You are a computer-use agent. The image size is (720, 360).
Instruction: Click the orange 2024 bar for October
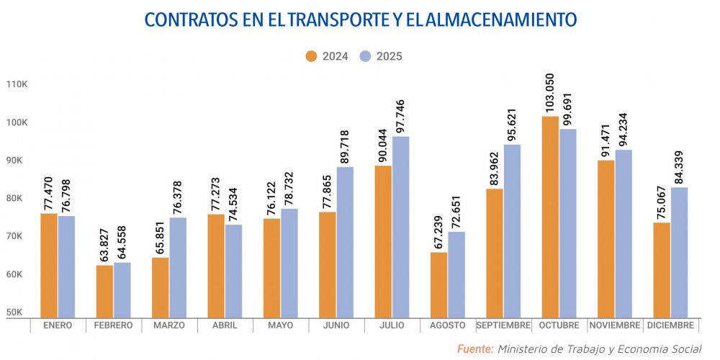(x=550, y=216)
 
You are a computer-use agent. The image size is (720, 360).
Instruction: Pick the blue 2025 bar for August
(x=456, y=274)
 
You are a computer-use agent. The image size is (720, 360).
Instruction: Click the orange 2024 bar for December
(x=662, y=270)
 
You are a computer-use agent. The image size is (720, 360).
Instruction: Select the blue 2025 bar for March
(x=178, y=267)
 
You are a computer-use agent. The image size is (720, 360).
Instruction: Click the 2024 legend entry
(x=327, y=56)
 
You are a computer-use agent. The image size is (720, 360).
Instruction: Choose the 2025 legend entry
(x=381, y=56)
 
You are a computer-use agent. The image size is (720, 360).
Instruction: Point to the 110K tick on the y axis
(x=16, y=84)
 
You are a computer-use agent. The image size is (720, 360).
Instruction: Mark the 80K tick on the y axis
(x=16, y=198)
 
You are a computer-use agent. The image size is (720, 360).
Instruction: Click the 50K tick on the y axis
(x=16, y=312)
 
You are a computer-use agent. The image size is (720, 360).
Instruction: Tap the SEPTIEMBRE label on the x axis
(x=503, y=325)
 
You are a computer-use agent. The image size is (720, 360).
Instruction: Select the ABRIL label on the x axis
(x=224, y=325)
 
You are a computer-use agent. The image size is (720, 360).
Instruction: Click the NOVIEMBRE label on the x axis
(x=615, y=325)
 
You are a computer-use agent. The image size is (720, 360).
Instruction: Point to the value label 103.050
(x=549, y=94)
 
